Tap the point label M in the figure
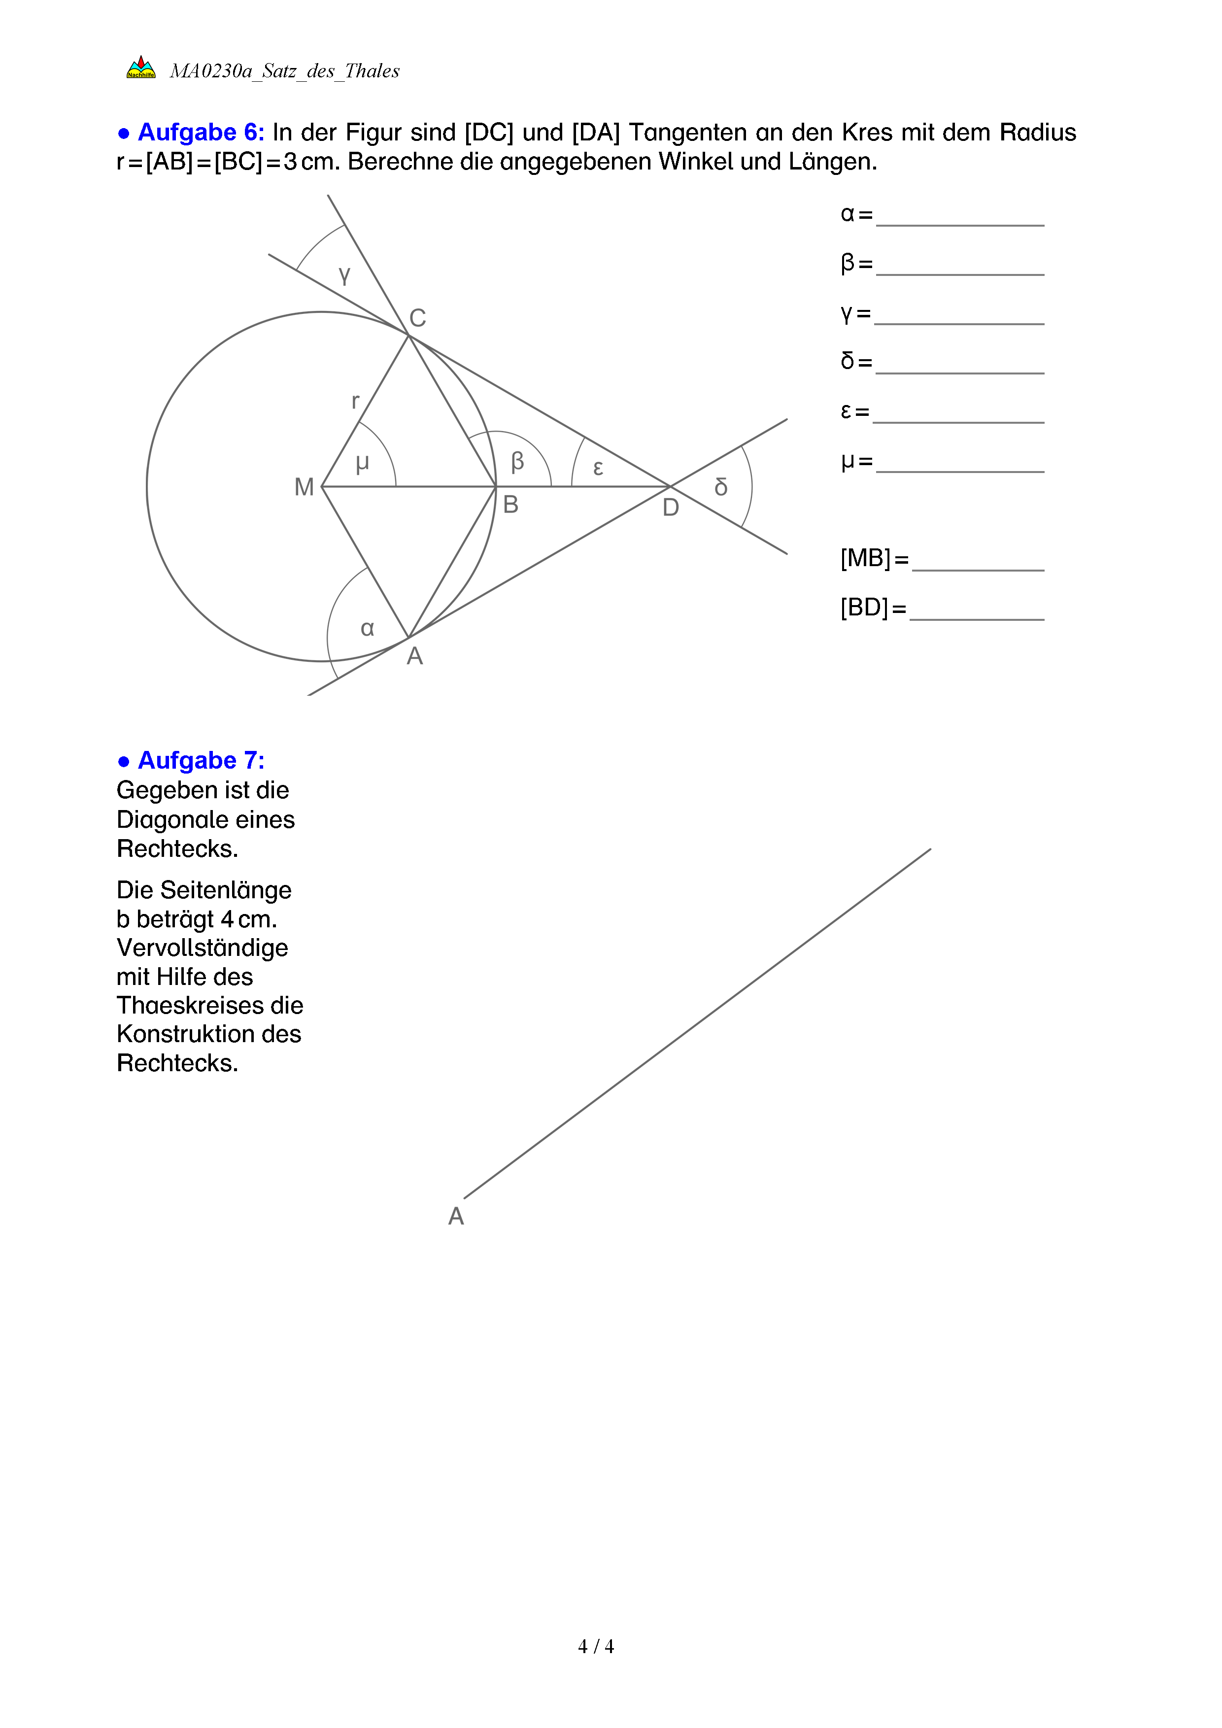[x=304, y=488]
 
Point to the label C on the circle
[x=418, y=318]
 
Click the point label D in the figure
[x=671, y=508]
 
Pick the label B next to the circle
[x=510, y=505]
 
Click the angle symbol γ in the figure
[x=344, y=275]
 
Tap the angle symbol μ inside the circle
[x=362, y=463]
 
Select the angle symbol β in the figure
[x=517, y=461]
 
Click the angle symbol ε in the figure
[x=598, y=468]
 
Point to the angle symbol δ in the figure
[x=721, y=488]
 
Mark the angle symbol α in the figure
[x=367, y=628]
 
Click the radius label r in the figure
[x=355, y=401]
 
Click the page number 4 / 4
[x=596, y=1647]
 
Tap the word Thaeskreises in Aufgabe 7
[x=210, y=1006]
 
